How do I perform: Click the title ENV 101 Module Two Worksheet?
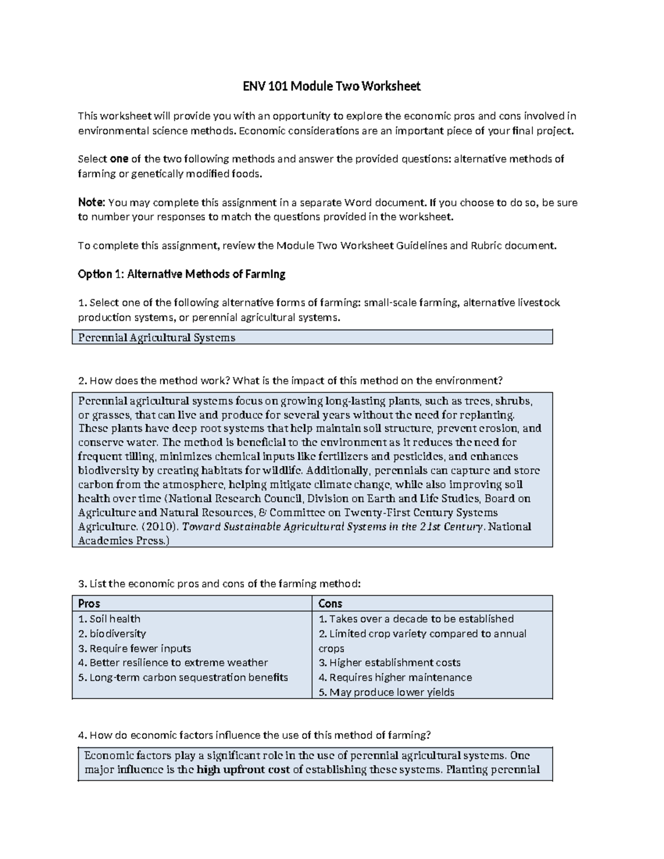pyautogui.click(x=332, y=86)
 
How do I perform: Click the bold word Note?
pyautogui.click(x=91, y=202)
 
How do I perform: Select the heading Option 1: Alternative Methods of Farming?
pyautogui.click(x=181, y=274)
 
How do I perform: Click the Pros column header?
pyautogui.click(x=89, y=603)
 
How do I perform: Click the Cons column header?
pyautogui.click(x=330, y=603)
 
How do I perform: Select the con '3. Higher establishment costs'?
pyautogui.click(x=390, y=663)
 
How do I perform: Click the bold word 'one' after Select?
pyautogui.click(x=119, y=159)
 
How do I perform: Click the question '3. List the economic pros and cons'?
pyautogui.click(x=219, y=584)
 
